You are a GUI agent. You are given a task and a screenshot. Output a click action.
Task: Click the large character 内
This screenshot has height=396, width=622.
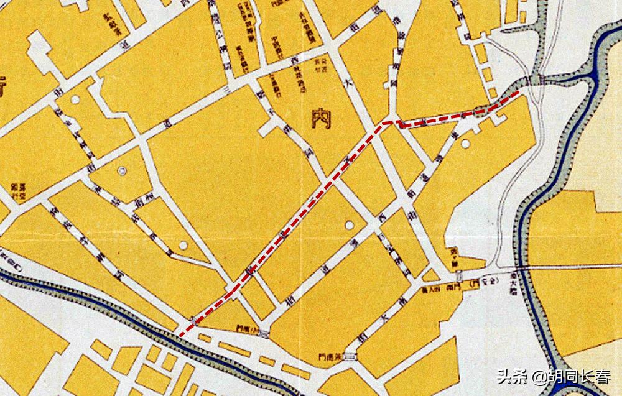323,118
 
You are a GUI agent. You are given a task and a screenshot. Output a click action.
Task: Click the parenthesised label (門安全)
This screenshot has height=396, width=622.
486,283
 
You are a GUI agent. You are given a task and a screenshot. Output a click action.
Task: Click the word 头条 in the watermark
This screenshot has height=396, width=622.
511,377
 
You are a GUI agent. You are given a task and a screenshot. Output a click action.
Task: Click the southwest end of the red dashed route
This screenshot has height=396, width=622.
181,336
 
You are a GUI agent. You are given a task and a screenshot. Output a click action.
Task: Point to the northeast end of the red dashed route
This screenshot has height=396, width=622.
519,92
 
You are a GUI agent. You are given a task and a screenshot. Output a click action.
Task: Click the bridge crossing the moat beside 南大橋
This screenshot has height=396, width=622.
522,267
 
